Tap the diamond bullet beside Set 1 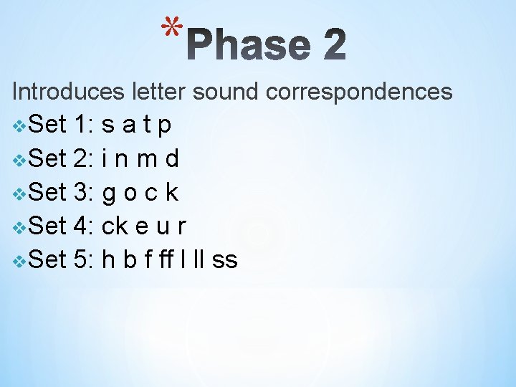(19, 127)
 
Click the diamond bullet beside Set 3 (19, 194)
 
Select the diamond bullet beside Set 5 (19, 261)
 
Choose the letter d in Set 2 (172, 159)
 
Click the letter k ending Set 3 (171, 192)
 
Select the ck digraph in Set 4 (116, 226)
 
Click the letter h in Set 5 (110, 259)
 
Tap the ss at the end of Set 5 (224, 261)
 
